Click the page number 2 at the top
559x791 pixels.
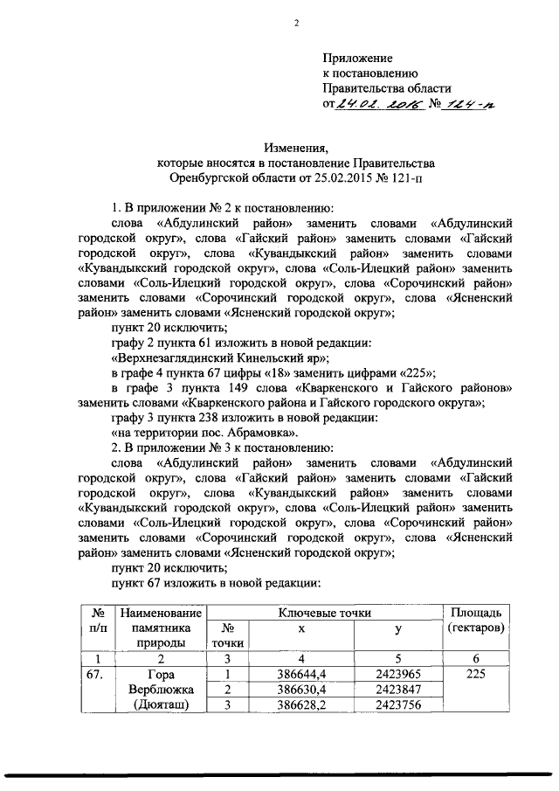[296, 24]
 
